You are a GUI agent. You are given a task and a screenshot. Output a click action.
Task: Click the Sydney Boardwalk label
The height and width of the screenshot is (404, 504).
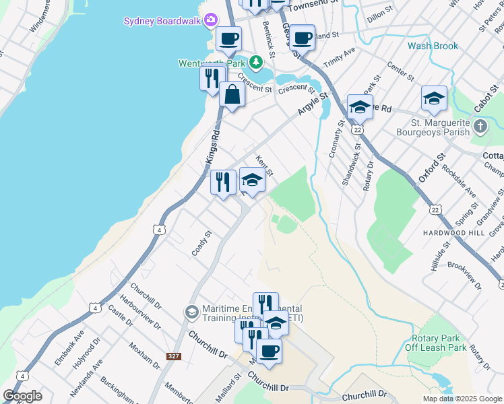click(x=162, y=21)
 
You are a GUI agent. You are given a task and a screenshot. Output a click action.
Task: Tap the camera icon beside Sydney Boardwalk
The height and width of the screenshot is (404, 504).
click(x=211, y=20)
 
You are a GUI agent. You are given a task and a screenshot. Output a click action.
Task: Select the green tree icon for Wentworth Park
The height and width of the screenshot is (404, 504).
click(x=255, y=63)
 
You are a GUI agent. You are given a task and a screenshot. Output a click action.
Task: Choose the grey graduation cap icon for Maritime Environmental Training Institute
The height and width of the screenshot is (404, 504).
click(x=191, y=312)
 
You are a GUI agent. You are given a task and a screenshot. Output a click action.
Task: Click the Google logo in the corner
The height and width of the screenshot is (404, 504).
click(x=23, y=396)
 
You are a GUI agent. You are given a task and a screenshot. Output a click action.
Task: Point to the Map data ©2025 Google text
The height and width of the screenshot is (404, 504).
click(x=462, y=399)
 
